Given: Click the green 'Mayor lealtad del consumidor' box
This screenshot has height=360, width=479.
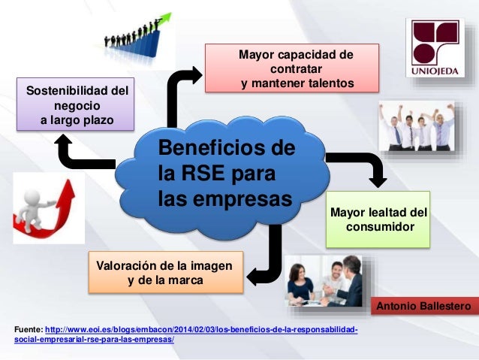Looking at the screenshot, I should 378,219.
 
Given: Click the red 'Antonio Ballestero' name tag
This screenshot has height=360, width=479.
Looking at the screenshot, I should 423,307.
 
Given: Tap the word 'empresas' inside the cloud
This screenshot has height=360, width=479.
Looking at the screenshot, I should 245,200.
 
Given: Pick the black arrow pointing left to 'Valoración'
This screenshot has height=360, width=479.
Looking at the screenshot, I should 266,259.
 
